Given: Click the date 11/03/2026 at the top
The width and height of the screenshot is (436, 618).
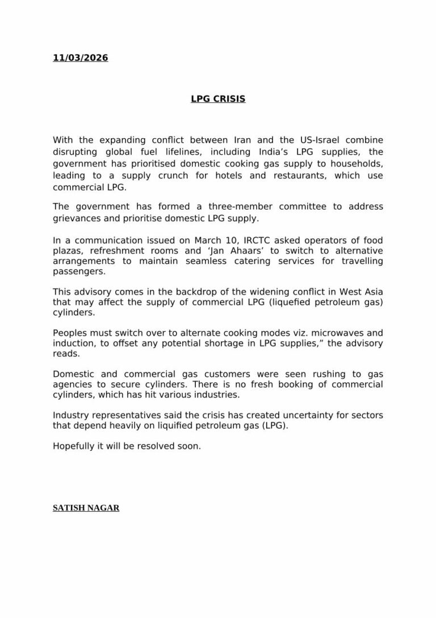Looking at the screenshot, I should pyautogui.click(x=80, y=58).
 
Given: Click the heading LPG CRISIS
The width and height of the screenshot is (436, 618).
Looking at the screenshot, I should pyautogui.click(x=218, y=99).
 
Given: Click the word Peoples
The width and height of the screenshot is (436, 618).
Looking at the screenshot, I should pyautogui.click(x=70, y=333).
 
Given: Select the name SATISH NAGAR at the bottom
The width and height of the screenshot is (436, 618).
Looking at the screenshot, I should pyautogui.click(x=86, y=508).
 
